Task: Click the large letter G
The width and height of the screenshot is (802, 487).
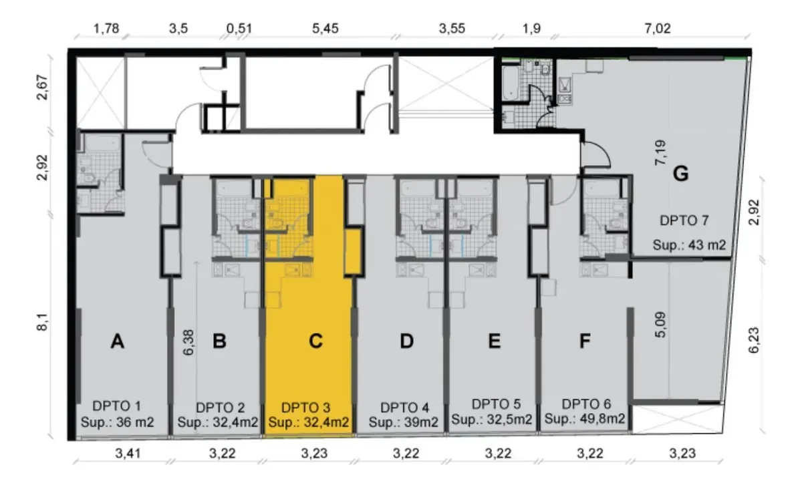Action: [x=680, y=174]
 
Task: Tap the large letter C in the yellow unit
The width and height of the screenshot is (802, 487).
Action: [x=315, y=341]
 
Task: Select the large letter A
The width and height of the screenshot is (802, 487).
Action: [x=118, y=341]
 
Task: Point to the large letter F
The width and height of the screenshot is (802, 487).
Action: [x=585, y=341]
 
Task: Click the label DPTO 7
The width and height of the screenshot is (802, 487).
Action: [x=684, y=220]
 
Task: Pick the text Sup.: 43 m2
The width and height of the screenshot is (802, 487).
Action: [x=689, y=245]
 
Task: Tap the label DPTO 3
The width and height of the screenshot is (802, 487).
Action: [x=306, y=408]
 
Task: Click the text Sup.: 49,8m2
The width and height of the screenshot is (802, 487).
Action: [x=585, y=419]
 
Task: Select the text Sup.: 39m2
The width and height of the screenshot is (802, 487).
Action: [x=404, y=422]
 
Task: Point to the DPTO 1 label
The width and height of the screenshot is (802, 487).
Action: [x=117, y=406]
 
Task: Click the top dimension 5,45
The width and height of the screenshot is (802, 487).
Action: [x=325, y=28]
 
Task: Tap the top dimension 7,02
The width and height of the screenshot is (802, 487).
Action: [x=658, y=28]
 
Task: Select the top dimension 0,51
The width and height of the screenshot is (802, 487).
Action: [x=239, y=28]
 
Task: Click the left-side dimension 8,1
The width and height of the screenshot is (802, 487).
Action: [x=42, y=322]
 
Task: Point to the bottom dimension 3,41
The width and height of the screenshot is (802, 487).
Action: [x=128, y=454]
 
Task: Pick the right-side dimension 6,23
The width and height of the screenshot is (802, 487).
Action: [x=754, y=340]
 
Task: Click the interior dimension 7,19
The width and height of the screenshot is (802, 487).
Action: [x=660, y=152]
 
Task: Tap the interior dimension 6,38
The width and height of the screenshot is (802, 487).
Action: [x=188, y=343]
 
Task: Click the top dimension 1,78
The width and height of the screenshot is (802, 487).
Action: [x=106, y=28]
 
